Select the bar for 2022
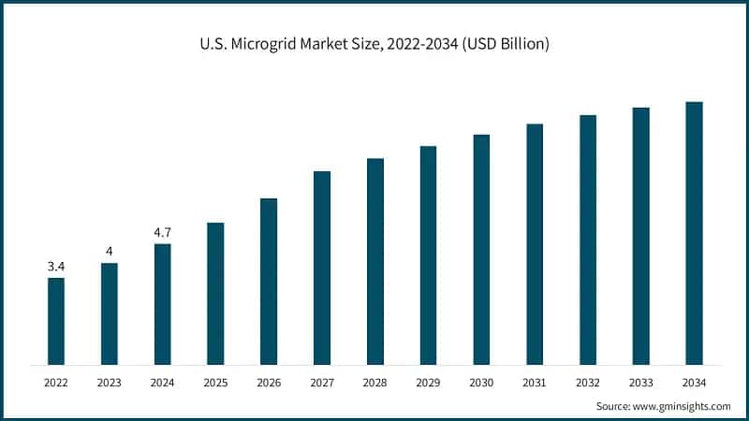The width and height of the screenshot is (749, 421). point(56,321)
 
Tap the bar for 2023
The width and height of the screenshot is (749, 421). point(110,313)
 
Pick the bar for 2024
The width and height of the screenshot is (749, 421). point(162,304)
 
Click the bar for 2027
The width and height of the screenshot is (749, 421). point(322,268)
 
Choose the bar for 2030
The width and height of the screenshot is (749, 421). point(481,249)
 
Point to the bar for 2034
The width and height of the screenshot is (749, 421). point(694,233)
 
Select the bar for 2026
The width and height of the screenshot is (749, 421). point(269,281)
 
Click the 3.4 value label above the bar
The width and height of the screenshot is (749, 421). point(56,267)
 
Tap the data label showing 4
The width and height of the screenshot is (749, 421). point(110,251)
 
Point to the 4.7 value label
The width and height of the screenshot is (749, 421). point(162,232)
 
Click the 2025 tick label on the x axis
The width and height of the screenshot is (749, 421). point(215,383)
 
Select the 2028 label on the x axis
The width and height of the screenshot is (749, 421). point(374,383)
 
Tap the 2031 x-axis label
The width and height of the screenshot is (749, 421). point(535,383)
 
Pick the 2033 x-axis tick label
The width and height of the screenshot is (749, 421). point(640,383)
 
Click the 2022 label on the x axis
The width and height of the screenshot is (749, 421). point(56,383)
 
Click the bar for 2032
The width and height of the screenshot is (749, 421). point(588,240)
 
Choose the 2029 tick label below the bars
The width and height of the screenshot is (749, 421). point(428,383)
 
